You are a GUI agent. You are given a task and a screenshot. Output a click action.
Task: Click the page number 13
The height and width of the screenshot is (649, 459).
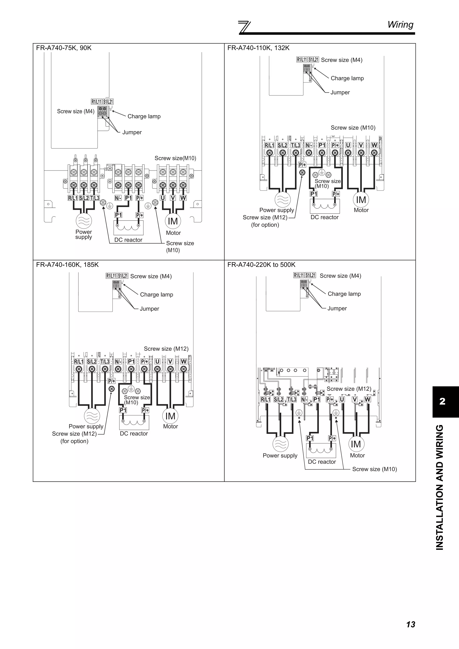[410, 624]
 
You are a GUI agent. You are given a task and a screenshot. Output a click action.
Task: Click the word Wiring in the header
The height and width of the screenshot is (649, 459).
[400, 25]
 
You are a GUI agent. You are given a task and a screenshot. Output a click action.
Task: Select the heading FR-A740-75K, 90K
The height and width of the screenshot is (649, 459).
[64, 48]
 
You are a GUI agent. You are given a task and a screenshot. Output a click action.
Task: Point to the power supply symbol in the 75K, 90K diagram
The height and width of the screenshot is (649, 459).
[84, 221]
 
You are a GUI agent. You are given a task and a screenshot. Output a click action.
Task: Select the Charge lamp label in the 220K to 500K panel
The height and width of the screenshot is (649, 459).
[344, 294]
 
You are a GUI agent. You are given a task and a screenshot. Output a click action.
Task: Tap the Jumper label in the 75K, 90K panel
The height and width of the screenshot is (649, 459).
[132, 132]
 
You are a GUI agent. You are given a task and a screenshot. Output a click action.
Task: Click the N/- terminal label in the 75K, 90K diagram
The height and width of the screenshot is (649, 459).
[118, 198]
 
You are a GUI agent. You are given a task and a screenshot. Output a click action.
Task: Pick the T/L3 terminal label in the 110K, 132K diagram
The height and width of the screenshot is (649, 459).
[296, 145]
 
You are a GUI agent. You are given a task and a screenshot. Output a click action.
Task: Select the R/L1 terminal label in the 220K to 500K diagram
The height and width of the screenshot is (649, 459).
[265, 400]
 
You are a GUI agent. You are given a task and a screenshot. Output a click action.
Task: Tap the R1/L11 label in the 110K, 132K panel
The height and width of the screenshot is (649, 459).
[302, 60]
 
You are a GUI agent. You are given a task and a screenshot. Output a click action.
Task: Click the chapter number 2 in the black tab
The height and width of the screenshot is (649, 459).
[442, 402]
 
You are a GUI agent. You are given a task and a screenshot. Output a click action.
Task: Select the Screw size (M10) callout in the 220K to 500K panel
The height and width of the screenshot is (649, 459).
[374, 469]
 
